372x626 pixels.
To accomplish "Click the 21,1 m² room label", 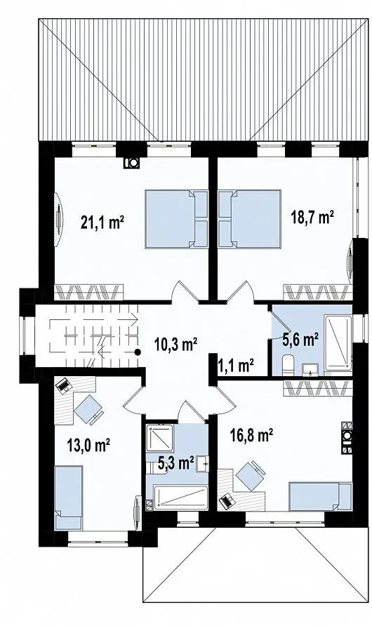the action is [x=102, y=222].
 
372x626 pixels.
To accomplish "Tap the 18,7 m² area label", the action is [x=312, y=218].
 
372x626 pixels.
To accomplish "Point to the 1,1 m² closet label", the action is [x=237, y=365].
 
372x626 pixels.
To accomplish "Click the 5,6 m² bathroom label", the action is [x=300, y=340].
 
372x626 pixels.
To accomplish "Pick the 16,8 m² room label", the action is [x=251, y=434].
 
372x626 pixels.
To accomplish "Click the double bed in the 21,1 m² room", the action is [x=177, y=219].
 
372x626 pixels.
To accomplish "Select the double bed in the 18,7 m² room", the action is [x=249, y=219].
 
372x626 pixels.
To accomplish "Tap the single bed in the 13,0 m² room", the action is [x=69, y=498].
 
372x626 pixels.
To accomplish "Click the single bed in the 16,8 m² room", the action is [x=321, y=496].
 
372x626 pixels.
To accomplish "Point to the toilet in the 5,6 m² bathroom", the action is [x=288, y=366].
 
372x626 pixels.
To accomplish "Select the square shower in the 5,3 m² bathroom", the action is [x=159, y=437].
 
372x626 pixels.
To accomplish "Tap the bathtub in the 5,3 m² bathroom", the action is [x=181, y=498].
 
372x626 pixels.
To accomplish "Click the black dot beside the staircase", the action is [x=138, y=352].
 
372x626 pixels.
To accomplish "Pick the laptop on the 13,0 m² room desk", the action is [x=62, y=385].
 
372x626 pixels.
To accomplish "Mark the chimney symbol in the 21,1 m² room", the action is [x=131, y=163].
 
